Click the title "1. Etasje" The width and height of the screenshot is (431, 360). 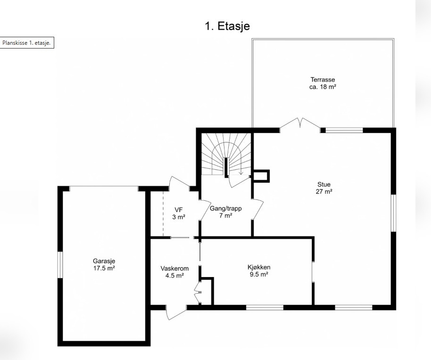point(227,26)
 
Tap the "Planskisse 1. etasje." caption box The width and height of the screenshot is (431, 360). point(27,43)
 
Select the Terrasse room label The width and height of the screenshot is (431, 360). point(323,80)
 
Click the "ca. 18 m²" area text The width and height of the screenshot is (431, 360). point(323,87)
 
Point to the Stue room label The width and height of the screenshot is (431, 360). point(324,184)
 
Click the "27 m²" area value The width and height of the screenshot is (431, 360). point(324,191)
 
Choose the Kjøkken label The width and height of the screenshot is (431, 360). point(259,267)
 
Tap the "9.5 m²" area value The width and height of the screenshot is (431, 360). point(259,274)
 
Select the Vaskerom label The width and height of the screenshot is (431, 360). point(174,269)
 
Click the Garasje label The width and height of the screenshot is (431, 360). point(104,261)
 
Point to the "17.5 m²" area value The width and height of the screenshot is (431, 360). point(104,268)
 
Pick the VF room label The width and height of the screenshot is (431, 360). point(178,210)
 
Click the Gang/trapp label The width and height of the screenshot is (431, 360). point(226,208)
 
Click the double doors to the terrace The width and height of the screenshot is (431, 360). point(300,125)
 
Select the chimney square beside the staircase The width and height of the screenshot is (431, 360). point(261,176)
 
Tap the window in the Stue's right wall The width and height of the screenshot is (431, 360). point(393,213)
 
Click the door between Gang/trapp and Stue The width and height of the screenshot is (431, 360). point(258,209)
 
